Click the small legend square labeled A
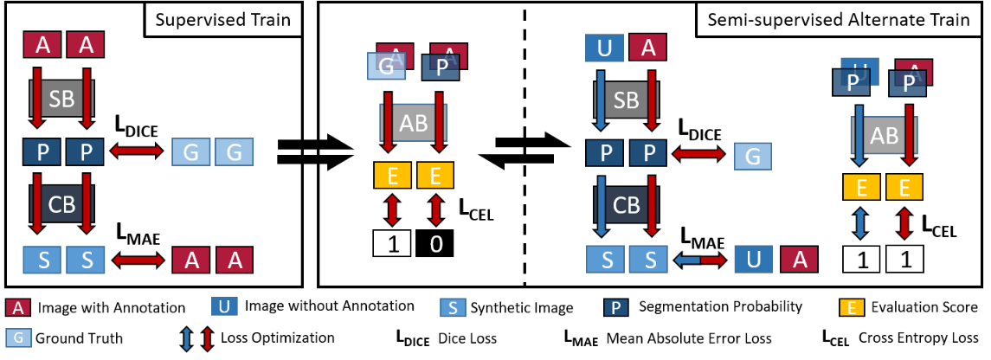click(17, 307)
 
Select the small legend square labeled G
click(18, 337)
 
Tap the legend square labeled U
click(224, 306)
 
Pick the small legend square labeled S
click(453, 307)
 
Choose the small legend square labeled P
click(615, 307)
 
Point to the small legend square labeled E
click(852, 307)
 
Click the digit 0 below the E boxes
click(436, 244)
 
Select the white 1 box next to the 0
click(392, 244)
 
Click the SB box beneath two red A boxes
click(61, 100)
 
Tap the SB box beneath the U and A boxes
click(626, 100)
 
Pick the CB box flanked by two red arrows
click(61, 204)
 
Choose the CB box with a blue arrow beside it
click(626, 204)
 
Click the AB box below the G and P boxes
click(414, 123)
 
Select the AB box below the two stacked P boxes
click(884, 135)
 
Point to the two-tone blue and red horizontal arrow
click(699, 260)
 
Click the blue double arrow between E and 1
click(860, 222)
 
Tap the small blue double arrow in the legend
click(186, 338)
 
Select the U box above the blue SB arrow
click(604, 48)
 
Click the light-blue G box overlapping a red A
click(386, 67)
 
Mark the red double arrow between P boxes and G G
click(136, 151)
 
